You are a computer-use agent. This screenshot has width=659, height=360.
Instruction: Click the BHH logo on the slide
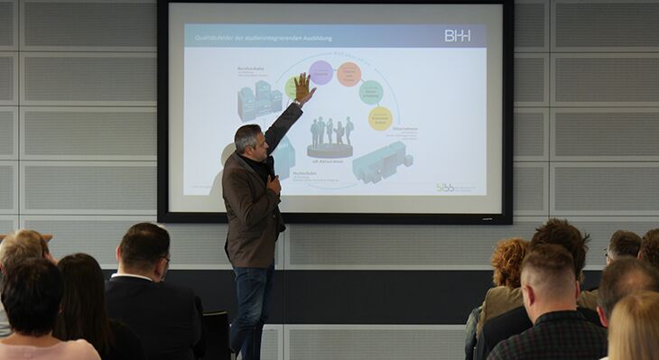(x=457, y=35)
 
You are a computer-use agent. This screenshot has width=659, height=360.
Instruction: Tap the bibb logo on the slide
(x=455, y=187)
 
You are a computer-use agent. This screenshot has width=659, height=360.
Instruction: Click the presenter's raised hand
(x=303, y=87)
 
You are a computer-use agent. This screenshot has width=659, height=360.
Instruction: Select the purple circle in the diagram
(x=320, y=72)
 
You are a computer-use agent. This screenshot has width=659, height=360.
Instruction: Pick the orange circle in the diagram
(x=348, y=73)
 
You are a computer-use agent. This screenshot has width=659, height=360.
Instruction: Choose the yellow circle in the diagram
(x=380, y=118)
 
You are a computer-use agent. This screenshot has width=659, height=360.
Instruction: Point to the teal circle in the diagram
(x=370, y=91)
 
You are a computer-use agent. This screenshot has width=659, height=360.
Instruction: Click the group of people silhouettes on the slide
(x=331, y=133)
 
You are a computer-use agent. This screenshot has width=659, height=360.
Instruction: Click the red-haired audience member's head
(x=508, y=261)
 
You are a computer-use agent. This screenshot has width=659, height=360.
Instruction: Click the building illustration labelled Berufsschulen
(x=258, y=99)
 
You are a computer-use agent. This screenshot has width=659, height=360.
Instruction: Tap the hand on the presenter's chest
(x=273, y=183)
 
